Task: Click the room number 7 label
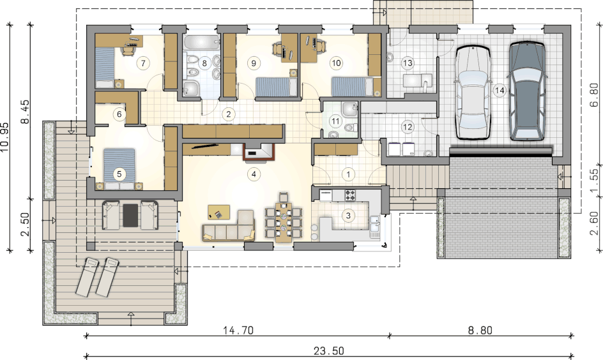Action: [143, 63]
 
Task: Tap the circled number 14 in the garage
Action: [500, 91]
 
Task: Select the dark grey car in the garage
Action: [527, 91]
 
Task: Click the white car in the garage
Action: [473, 92]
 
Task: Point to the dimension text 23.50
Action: [329, 351]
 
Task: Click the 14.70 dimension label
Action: [238, 330]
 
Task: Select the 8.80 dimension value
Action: [480, 330]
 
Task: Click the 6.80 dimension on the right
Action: [594, 94]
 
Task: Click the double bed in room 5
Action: [119, 169]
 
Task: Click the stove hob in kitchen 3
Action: [350, 195]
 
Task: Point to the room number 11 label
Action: [336, 121]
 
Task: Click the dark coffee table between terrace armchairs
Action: [130, 216]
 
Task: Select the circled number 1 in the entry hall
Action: [348, 174]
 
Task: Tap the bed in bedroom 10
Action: [352, 87]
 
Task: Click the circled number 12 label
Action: [408, 127]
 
